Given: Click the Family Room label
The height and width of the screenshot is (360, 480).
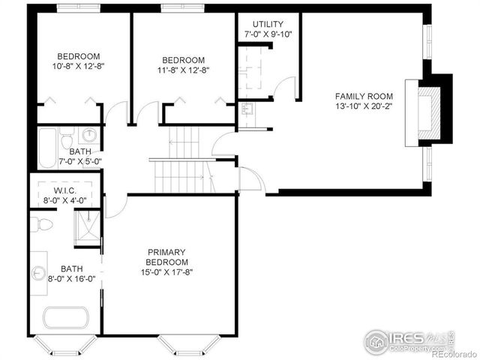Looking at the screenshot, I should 364,96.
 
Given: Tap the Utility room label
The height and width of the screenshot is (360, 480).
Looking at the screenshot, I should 268,25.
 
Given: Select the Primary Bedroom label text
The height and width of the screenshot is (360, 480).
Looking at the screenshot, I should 166,256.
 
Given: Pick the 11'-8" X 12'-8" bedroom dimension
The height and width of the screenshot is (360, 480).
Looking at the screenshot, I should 184,70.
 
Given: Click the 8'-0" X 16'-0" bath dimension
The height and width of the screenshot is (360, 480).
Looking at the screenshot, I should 72,279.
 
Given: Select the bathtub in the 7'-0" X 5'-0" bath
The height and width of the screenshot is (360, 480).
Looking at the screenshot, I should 46,147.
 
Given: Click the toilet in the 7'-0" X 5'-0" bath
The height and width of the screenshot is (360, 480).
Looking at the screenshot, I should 67,139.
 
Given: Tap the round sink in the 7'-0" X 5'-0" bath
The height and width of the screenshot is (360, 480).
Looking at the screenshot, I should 89,136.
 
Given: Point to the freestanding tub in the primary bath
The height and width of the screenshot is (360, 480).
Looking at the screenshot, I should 66,317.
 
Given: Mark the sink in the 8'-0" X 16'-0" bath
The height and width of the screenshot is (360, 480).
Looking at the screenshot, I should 37,271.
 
